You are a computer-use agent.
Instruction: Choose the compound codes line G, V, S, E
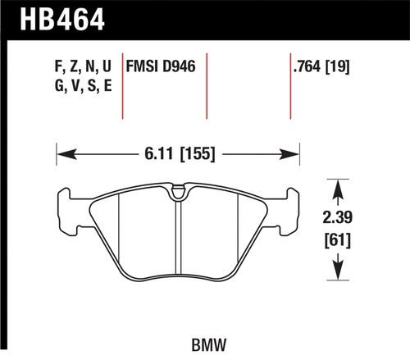click(79, 84)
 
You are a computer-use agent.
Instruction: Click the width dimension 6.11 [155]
click(176, 153)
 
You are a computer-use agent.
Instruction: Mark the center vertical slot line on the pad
click(178, 246)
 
